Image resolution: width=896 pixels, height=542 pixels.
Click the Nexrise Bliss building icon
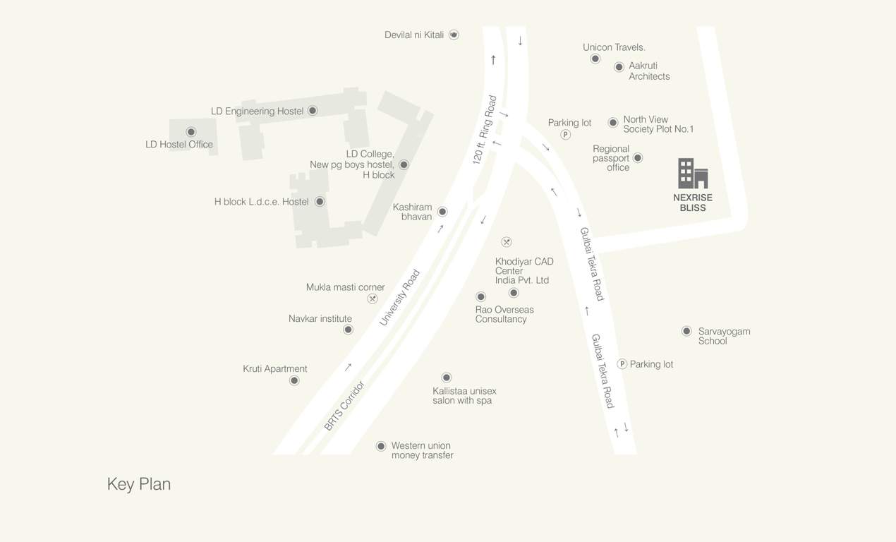point(693,174)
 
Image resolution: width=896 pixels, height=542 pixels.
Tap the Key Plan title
point(139,484)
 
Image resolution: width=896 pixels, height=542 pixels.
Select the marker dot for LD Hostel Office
point(190,132)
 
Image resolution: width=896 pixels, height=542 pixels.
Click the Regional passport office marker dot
point(638,158)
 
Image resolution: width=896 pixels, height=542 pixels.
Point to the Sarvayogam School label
point(724,336)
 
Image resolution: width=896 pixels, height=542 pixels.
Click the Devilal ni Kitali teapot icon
point(454,35)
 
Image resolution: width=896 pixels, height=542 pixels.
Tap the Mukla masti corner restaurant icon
point(373,299)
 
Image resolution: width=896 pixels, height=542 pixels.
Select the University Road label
point(399,297)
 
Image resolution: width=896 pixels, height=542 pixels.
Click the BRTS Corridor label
point(344,406)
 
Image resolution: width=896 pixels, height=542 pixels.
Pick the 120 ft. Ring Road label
point(485,131)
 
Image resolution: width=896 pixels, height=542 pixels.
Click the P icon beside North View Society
point(566,135)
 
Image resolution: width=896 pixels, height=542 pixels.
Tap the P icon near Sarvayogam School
point(622,364)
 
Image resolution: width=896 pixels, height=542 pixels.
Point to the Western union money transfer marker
point(381,446)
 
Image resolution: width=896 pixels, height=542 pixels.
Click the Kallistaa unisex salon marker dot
point(446,378)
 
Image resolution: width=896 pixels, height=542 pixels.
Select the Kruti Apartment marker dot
point(294,380)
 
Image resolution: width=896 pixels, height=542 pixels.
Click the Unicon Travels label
point(614,47)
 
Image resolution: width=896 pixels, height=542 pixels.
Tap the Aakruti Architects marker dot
point(619,67)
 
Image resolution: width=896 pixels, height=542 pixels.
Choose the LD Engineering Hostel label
point(257,112)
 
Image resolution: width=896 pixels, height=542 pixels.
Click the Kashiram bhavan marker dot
point(442,212)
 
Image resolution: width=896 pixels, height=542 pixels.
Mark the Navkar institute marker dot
point(348,330)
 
